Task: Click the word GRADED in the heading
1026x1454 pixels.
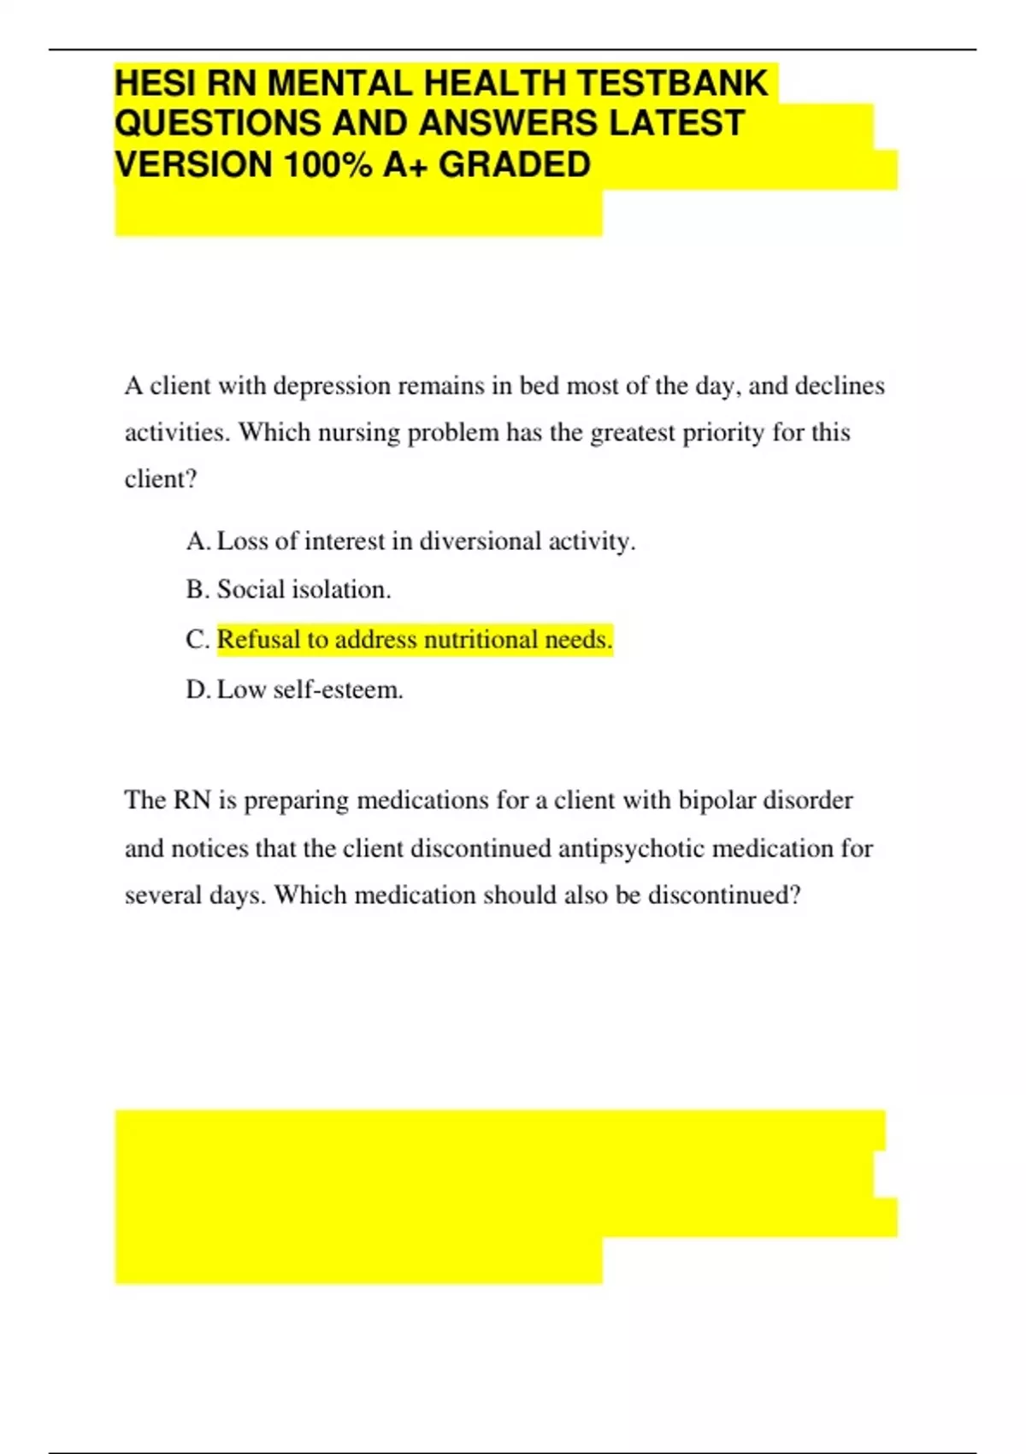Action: (x=515, y=164)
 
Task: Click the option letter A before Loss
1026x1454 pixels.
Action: (x=196, y=541)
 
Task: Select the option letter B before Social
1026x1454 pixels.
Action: (x=196, y=589)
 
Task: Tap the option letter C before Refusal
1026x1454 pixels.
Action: (x=196, y=640)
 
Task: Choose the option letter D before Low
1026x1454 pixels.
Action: (x=196, y=689)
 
